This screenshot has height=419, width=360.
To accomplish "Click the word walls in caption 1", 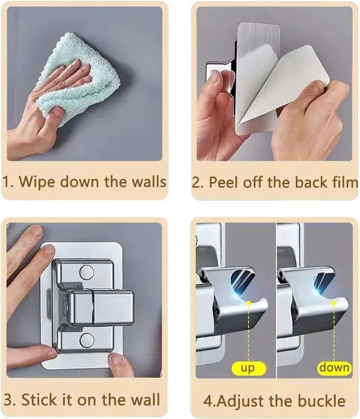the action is tap(150, 182).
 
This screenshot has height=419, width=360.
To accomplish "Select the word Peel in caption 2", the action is tap(223, 183).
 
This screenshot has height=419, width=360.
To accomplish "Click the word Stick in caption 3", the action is tap(39, 400).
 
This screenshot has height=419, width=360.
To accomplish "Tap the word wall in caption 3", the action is tap(146, 399).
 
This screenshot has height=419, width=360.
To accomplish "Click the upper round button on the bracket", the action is tap(87, 272).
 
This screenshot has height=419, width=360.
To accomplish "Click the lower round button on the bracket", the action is tap(87, 340).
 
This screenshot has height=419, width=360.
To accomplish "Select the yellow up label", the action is tap(249, 368).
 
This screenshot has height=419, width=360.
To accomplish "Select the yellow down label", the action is tap(334, 368).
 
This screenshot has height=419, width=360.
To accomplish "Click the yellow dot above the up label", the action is tap(249, 303).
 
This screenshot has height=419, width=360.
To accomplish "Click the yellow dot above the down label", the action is tap(334, 303).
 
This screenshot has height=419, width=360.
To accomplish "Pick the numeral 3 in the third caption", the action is tap(8, 400).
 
